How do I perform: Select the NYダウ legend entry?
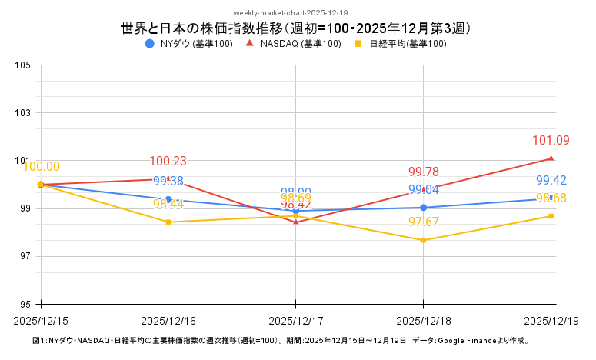click(x=189, y=44)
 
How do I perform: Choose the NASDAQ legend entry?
click(x=294, y=44)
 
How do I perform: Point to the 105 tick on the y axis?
click(x=22, y=65)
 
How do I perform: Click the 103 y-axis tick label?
click(x=22, y=113)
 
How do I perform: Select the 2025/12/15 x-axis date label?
click(x=41, y=319)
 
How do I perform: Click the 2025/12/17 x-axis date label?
click(x=296, y=319)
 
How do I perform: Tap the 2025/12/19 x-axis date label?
click(x=551, y=319)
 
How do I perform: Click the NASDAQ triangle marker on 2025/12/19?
click(x=551, y=158)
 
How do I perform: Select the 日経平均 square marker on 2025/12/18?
click(x=424, y=240)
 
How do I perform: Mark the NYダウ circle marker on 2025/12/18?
click(x=424, y=208)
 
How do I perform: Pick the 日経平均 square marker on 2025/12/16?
click(x=168, y=222)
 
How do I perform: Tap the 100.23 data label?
click(x=168, y=162)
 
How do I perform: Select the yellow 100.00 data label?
click(x=42, y=167)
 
